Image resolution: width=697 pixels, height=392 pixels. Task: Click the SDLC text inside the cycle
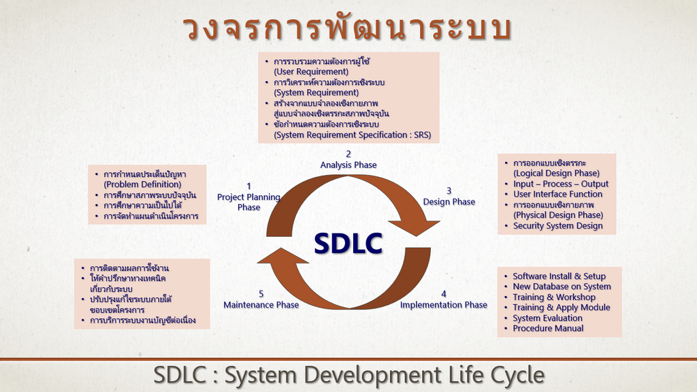coord(348,244)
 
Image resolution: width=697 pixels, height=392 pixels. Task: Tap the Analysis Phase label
coord(348,165)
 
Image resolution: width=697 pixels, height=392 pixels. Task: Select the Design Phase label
coord(449,201)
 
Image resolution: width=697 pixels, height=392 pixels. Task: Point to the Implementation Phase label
coord(444,305)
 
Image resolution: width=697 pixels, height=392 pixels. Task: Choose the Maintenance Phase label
coord(261,305)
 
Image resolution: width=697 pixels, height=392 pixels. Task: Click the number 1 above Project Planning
coord(249,186)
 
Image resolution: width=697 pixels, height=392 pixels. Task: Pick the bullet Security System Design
coord(558,226)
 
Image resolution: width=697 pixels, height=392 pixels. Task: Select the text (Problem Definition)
coord(142,184)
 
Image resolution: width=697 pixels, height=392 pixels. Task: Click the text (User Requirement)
coord(311,71)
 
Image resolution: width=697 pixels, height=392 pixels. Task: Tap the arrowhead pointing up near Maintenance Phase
coord(282,256)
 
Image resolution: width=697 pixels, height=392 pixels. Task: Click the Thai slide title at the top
coord(348,27)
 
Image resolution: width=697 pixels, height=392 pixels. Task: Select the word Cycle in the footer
coord(517,375)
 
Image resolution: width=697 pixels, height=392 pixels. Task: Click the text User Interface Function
coord(558,194)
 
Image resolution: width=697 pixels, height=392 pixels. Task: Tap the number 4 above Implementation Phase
coord(444,294)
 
